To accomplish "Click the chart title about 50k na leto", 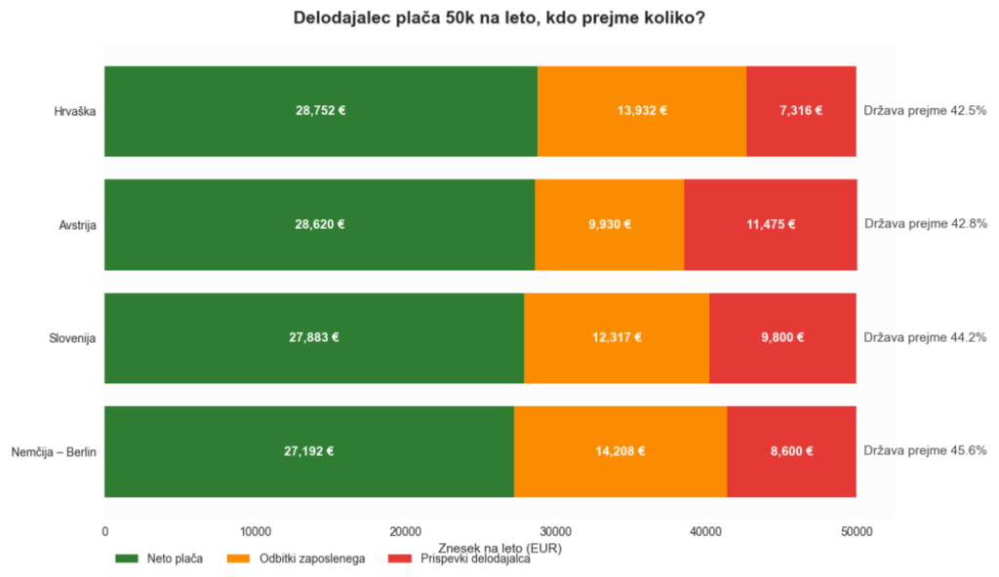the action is (499, 18).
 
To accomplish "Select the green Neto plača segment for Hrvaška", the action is (321, 111).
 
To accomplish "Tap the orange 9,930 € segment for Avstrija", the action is (610, 224).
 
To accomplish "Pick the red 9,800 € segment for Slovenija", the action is (782, 337).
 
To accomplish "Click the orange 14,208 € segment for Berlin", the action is (620, 451).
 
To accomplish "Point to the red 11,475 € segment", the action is (771, 224).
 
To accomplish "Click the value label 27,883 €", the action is (314, 337).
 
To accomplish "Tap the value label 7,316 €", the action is (801, 111).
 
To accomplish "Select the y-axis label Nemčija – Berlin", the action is (54, 452).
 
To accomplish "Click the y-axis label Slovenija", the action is (72, 338).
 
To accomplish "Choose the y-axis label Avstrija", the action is (77, 225).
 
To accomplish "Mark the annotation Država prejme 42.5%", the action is (925, 111).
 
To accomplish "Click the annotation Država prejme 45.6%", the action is (925, 451).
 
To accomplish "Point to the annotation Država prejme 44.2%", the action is (925, 337).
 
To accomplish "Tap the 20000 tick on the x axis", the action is (406, 532).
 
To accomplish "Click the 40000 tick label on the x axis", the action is (706, 532).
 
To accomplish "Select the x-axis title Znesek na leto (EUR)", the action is (499, 548).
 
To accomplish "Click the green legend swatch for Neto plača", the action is (126, 558).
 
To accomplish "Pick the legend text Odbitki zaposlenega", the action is (312, 558).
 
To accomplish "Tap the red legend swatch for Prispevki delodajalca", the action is (399, 558).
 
